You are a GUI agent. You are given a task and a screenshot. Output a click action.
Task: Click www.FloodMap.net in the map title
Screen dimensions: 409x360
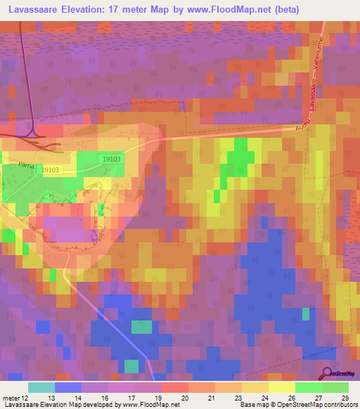click(232, 9)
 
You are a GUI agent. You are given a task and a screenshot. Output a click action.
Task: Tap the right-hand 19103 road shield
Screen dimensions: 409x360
click(110, 160)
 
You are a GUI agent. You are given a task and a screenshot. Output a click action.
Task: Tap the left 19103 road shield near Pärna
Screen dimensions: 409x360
click(51, 170)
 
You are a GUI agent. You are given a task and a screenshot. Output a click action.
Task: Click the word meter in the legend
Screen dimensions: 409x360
click(12, 397)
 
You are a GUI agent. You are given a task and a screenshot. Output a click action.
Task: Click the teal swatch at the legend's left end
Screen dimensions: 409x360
click(41, 387)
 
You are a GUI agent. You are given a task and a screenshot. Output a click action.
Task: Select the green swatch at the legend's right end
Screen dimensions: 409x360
click(335, 387)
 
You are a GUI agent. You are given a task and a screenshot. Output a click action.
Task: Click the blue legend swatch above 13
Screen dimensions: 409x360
click(67, 387)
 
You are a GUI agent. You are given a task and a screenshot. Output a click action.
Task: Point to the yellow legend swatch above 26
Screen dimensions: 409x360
click(281, 387)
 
